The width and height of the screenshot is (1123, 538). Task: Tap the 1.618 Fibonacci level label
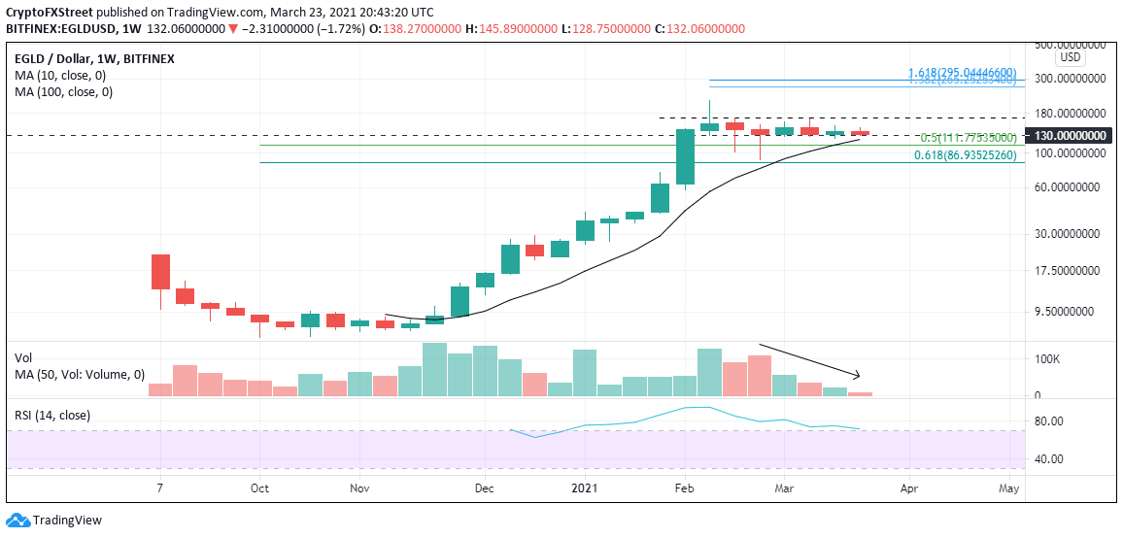tap(962, 73)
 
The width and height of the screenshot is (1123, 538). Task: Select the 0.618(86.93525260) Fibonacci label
tap(965, 154)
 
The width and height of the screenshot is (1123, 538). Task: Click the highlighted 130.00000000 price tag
tap(1069, 136)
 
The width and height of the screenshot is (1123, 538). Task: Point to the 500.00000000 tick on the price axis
tap(1069, 45)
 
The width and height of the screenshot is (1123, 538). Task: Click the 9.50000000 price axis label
tap(1069, 312)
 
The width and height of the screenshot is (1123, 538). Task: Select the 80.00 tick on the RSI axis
tap(1048, 421)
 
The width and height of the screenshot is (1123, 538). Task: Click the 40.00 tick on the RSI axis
tap(1048, 459)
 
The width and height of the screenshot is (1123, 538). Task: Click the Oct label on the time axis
tap(258, 489)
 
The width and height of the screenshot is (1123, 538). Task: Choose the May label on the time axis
tap(1009, 489)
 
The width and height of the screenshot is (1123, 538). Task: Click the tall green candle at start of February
tap(685, 156)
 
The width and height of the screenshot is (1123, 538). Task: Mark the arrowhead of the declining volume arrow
tap(858, 376)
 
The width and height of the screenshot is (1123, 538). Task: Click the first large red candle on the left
tap(160, 271)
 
